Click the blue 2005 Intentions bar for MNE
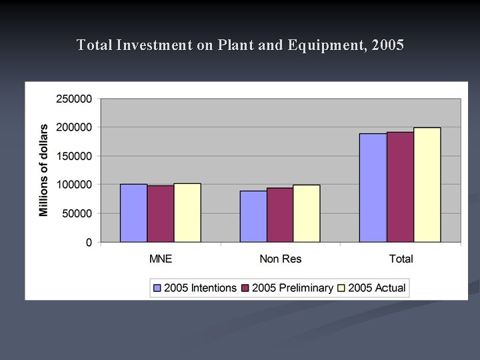pos(133,213)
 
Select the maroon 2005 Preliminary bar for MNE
pos(161,214)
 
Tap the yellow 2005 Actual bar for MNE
pos(187,213)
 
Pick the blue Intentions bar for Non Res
pos(253,217)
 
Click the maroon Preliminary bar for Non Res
pos(280,215)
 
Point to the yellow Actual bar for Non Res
pos(307,213)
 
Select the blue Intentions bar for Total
pos(373,188)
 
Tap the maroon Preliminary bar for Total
pos(400,187)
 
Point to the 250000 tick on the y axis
pos(73,99)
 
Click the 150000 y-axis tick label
pos(73,156)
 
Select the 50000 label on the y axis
pos(76,213)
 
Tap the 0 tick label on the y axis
pos(89,243)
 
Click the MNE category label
pos(160,259)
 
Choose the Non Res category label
pos(280,259)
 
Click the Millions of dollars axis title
pos(44,170)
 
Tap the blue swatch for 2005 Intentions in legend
pos(157,288)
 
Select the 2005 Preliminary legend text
pos(292,288)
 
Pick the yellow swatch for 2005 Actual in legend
pos(341,288)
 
